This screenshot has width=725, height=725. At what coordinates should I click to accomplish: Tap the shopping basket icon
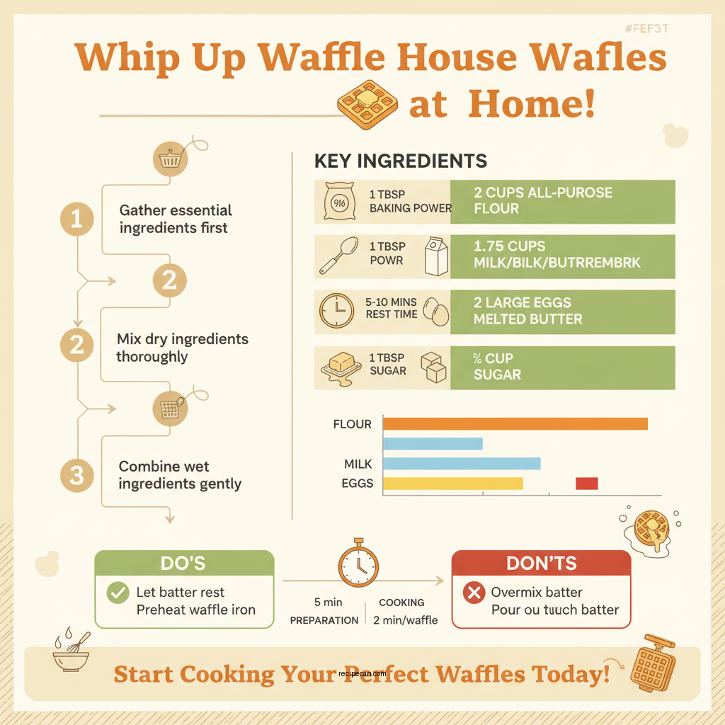point(170,159)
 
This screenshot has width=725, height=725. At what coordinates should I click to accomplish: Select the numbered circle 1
point(76,219)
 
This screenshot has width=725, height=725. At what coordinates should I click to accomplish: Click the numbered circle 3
point(76,475)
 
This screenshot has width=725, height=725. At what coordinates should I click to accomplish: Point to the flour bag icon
point(337,201)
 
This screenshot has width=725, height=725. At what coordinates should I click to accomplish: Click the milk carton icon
point(435,256)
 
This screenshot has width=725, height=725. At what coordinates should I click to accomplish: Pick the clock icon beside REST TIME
point(336,311)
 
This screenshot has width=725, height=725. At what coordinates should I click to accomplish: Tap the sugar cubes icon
point(433,367)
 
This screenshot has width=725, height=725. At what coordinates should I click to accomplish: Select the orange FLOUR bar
point(515,424)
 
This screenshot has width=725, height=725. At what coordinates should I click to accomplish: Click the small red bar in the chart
point(586,484)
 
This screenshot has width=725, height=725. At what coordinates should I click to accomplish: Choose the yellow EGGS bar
point(452,484)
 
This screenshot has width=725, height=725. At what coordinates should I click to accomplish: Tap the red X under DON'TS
point(473,593)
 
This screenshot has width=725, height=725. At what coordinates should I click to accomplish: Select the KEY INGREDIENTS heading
point(400,161)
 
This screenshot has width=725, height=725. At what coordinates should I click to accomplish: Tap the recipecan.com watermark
point(362,675)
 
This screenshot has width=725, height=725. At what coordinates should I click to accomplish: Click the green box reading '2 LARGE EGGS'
point(562,311)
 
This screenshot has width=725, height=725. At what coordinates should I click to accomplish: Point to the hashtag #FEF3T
point(647,29)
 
